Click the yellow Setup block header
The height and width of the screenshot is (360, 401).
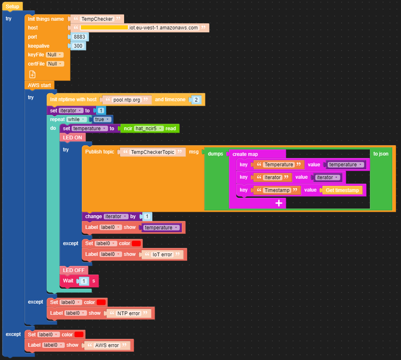click(12, 6)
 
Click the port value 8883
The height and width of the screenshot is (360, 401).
click(79, 37)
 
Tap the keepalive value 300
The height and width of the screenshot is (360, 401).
click(78, 46)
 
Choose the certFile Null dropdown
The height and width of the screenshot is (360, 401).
click(55, 64)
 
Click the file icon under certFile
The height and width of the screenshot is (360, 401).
click(32, 74)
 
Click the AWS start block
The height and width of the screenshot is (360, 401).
click(39, 85)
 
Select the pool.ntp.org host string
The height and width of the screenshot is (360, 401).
click(127, 100)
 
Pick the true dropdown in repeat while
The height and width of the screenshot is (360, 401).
click(101, 119)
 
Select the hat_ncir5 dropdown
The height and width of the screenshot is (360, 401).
click(149, 129)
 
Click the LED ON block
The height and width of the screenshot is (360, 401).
click(73, 137)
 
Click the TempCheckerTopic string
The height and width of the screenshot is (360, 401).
click(152, 152)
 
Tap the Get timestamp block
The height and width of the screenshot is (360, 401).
click(342, 190)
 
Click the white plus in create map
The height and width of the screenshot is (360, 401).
click(279, 203)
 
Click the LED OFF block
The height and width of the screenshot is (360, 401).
click(73, 270)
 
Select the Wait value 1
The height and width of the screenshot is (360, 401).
click(84, 281)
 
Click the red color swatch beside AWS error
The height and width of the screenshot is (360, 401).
click(79, 334)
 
